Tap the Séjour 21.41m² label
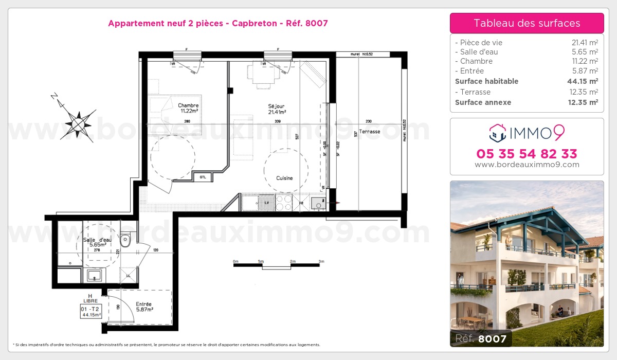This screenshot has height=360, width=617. tap(276, 109)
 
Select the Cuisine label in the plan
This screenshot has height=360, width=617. tap(284, 178)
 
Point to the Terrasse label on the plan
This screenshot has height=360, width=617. tap(370, 132)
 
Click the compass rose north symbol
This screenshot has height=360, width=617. tap(77, 122)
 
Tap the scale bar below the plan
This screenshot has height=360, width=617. tap(278, 264)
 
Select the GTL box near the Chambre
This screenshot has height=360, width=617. tap(203, 177)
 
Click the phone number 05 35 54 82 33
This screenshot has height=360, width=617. tap(527, 154)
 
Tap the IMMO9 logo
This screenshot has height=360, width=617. tap(527, 133)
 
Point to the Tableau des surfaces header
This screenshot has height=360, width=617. tap(527, 23)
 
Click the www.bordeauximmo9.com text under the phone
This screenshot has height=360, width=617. tap(527, 165)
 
